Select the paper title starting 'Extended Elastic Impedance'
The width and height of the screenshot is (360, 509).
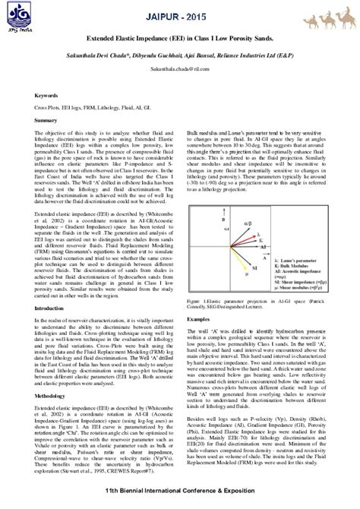(181, 36)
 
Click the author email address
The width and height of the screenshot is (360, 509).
(180, 67)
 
